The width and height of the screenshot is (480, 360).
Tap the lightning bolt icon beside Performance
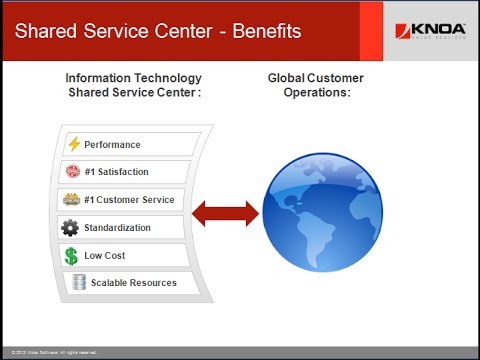point(73,144)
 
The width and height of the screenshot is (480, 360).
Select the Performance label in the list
point(113,145)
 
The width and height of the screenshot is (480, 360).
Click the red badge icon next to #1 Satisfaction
point(71,172)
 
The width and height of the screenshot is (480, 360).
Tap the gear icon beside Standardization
point(70,228)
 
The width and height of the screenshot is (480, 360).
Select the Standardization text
point(118,228)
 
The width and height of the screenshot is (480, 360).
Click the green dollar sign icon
point(71,255)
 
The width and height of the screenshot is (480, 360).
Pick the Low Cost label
point(106,256)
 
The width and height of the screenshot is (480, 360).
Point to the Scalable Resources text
point(133,283)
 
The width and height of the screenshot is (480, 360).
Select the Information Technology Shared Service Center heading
point(133,85)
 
